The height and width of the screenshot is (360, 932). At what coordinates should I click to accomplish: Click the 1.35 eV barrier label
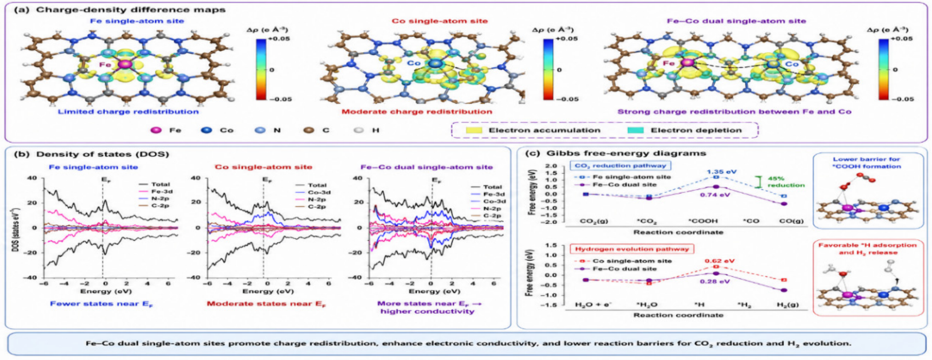coord(722,172)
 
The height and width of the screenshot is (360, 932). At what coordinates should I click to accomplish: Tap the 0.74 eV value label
coord(715,195)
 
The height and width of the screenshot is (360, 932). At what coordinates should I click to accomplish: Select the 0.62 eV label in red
coord(720,261)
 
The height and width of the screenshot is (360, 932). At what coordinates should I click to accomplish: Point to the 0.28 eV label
coord(715,281)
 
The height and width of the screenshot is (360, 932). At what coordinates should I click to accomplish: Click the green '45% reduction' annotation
coord(786,182)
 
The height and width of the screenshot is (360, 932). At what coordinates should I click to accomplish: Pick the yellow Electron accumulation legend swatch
coord(474,130)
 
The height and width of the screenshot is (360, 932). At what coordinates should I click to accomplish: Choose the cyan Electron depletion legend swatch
coord(636,130)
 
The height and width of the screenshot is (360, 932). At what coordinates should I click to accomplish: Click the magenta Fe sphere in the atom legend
coord(157,130)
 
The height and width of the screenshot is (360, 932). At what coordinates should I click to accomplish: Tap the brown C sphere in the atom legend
coord(308,130)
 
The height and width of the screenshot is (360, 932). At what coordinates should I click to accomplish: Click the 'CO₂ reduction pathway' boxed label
coord(620,165)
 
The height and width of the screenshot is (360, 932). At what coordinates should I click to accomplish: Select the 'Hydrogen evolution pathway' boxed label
coord(632,249)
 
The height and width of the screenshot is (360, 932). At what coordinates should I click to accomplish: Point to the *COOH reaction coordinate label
coord(703,221)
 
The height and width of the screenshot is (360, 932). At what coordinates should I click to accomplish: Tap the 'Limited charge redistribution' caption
coord(128,112)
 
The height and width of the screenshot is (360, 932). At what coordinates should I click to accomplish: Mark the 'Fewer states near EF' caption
coord(101,304)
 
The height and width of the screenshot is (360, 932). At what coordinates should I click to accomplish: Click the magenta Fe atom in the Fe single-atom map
coord(124,64)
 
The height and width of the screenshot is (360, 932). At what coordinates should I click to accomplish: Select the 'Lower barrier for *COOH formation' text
coord(867,163)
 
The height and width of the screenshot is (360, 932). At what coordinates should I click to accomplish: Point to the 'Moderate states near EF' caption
coord(266,304)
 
